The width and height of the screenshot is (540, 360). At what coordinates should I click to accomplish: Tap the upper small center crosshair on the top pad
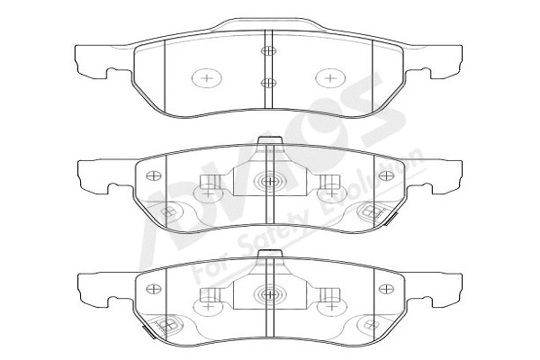tap(267, 51)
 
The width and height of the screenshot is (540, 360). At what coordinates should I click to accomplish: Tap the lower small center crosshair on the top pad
tap(267, 83)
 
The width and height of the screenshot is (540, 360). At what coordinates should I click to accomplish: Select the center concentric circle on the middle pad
tap(269, 183)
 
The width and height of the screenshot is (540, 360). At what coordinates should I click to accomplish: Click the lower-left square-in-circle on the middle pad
tap(167, 212)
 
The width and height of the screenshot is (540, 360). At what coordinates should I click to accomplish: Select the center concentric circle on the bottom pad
tap(269, 293)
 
